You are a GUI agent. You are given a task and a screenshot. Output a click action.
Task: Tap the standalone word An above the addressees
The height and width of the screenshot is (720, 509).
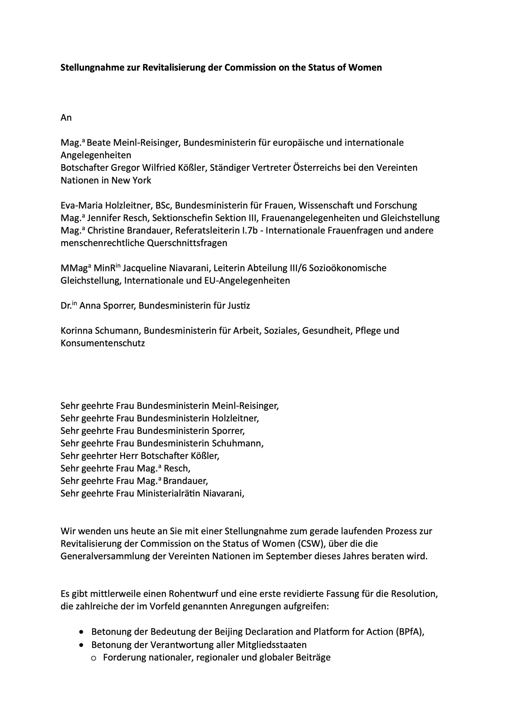pos(66,117)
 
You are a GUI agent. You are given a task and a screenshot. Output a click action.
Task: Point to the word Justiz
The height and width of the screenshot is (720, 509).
pos(239,306)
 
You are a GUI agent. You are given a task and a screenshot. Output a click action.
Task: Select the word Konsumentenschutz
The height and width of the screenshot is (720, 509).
pos(103,343)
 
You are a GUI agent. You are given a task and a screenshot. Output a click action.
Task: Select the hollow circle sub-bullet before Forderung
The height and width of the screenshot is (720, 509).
pos(94,658)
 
